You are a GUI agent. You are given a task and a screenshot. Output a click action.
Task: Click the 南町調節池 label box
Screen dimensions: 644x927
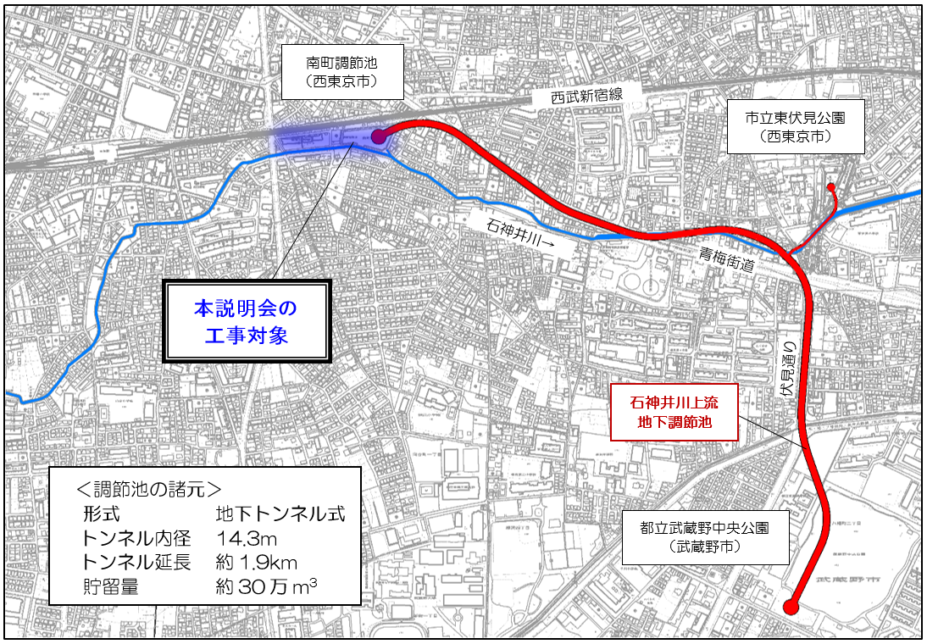(x=342, y=71)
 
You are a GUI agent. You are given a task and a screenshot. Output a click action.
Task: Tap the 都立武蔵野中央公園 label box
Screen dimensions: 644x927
(x=705, y=536)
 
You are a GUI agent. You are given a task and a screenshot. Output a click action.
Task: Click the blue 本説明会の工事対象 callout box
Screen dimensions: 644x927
(x=247, y=321)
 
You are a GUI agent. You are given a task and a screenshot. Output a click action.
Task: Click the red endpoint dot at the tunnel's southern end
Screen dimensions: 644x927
(x=791, y=607)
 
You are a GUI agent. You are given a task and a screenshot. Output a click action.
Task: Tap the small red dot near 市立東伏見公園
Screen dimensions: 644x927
(x=831, y=187)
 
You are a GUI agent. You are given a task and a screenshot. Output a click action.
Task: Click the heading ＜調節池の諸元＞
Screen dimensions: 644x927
(x=149, y=490)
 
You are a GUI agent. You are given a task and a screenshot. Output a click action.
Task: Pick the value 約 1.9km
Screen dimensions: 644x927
(x=257, y=561)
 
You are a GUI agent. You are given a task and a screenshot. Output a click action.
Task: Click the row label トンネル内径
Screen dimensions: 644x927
(x=138, y=537)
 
